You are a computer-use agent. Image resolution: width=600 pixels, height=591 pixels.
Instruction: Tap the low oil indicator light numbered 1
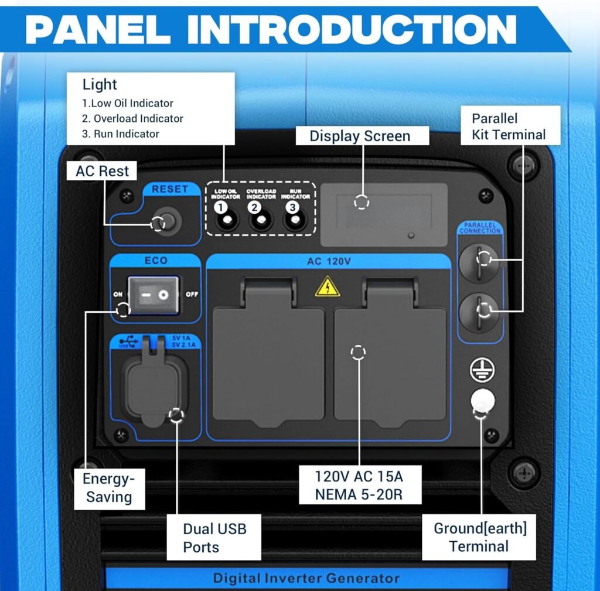[225, 221]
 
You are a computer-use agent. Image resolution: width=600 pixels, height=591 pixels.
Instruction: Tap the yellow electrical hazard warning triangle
[328, 287]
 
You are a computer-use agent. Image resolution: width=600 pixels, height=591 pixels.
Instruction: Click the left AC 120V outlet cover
[268, 357]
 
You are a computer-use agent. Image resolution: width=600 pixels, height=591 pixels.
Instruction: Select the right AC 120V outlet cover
[390, 357]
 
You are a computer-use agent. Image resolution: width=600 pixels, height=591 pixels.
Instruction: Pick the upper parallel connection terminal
[479, 262]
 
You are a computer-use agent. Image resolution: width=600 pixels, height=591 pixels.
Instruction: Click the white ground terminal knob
[482, 401]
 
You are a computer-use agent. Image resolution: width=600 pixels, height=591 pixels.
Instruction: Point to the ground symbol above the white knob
[482, 370]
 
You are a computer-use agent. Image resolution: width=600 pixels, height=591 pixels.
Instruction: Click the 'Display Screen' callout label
[360, 136]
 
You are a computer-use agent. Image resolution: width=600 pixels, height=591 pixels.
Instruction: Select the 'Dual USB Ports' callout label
[214, 538]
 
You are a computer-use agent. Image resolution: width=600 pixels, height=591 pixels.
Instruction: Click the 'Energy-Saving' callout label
[109, 488]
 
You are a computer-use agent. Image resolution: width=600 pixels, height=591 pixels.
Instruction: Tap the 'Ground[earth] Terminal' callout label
[479, 537]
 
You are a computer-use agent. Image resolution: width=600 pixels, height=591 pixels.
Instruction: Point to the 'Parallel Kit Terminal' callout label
[509, 127]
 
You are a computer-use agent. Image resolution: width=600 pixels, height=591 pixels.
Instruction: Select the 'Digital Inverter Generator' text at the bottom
[306, 579]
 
